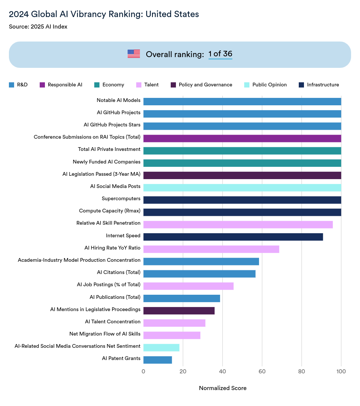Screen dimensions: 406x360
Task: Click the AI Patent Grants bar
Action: [158, 360]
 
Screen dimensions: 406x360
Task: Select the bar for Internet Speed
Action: [233, 237]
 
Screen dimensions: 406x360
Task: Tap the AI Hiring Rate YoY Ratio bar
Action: [211, 249]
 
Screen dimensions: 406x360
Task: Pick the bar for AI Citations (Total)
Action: [199, 274]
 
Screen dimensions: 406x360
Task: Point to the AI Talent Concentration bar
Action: [174, 323]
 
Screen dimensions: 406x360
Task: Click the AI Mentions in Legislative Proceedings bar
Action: [179, 311]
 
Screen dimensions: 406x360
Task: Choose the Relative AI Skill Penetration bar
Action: [238, 225]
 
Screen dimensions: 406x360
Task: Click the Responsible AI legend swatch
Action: [42, 85]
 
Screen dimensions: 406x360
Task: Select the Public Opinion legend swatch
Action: [247, 85]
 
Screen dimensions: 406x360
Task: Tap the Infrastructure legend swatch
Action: [301, 85]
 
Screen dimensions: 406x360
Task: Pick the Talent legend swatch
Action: [139, 85]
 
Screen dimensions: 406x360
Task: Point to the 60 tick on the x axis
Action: [262, 371]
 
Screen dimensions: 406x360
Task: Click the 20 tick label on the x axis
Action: [183, 371]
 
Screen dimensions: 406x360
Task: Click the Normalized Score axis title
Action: [223, 388]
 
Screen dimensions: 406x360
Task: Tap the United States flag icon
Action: [134, 54]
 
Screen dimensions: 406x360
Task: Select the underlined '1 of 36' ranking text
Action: [220, 54]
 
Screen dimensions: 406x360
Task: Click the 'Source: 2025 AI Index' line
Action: [38, 27]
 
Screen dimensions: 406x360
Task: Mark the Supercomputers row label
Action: [121, 199]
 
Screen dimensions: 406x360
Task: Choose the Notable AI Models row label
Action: [118, 100]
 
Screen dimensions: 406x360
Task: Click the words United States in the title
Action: [172, 14]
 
